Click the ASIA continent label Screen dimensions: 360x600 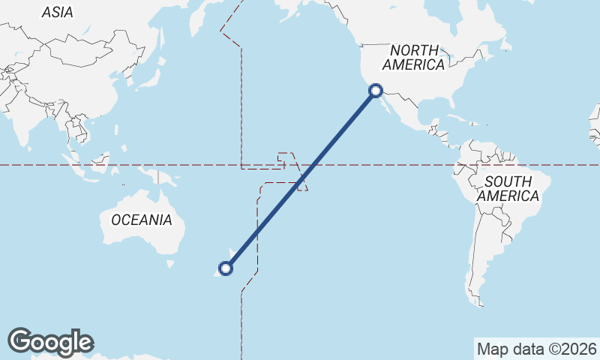[58, 12]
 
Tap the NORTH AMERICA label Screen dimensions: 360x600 [413, 57]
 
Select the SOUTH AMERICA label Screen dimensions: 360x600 [508, 189]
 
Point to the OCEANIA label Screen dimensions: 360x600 [141, 220]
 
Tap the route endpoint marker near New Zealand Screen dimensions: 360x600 [225, 268]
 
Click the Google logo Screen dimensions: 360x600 [50, 342]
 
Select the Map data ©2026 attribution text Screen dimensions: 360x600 [536, 349]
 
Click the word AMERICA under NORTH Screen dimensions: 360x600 [413, 65]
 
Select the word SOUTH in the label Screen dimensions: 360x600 [508, 181]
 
